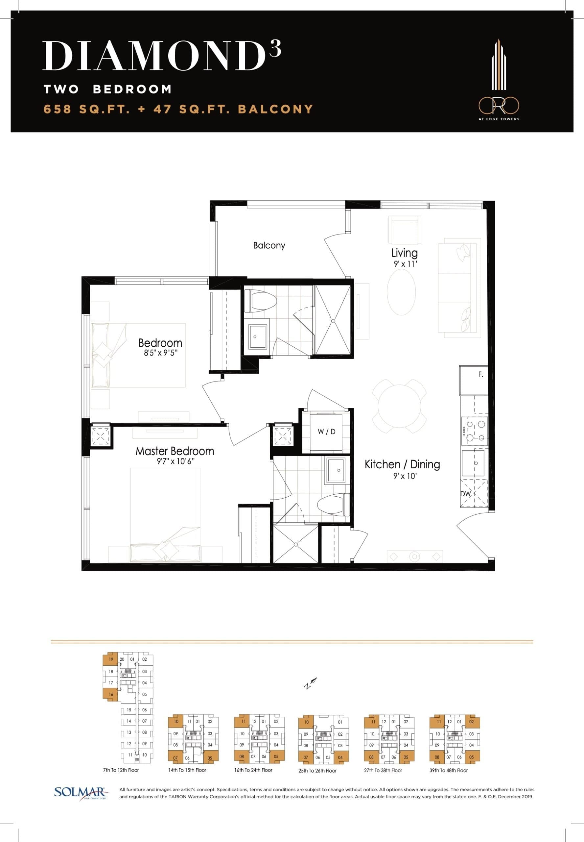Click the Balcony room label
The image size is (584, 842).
269,245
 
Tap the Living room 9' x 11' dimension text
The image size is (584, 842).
404,264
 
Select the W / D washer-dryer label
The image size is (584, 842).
326,432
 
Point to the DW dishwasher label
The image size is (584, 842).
465,494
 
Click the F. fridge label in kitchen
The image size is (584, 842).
480,375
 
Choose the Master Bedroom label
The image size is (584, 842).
175,451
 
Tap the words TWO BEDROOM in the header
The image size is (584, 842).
107,89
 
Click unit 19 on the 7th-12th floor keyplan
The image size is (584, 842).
111,659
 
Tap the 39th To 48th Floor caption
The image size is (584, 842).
448,770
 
